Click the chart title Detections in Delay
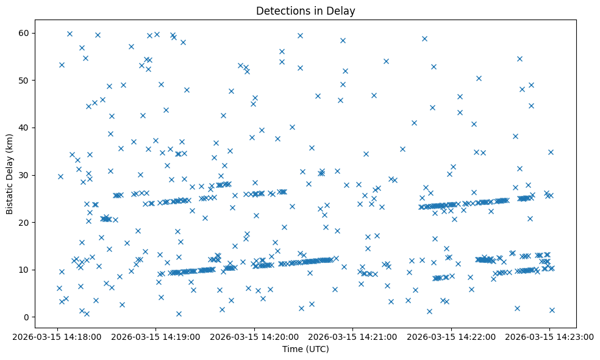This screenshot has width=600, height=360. [x=305, y=11]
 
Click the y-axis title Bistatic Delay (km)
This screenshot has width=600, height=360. [x=10, y=165]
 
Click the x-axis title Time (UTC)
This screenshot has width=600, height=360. [x=305, y=349]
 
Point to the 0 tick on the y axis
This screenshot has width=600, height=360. [x=27, y=317]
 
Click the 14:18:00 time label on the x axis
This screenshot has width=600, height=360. [x=56, y=337]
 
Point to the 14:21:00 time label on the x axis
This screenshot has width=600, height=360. [x=352, y=337]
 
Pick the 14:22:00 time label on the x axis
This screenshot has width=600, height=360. [x=451, y=337]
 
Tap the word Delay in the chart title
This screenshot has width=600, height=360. [x=343, y=11]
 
